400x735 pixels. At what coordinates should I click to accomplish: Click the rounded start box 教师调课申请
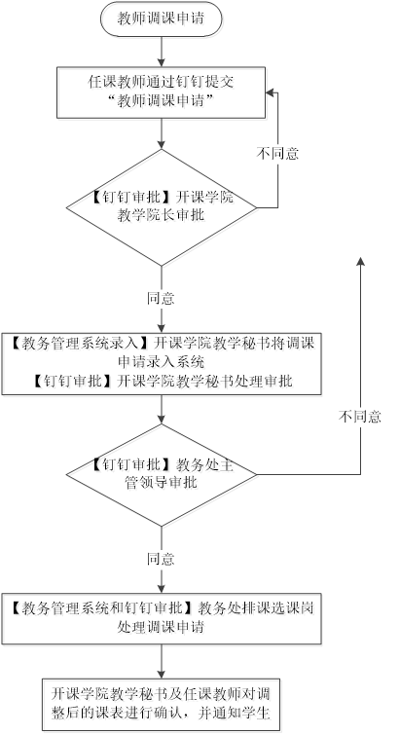162,18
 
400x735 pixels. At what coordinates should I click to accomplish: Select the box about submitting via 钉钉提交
162,92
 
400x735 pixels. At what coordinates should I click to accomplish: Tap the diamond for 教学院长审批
162,207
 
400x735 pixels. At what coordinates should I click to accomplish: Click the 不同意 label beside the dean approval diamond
277,154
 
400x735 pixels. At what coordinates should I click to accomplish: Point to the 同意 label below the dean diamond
162,298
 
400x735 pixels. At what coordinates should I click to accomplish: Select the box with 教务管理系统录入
162,363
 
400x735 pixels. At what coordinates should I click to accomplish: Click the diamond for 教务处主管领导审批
162,475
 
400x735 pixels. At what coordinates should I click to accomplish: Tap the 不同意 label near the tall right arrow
360,417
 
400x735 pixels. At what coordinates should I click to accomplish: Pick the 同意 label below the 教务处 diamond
162,559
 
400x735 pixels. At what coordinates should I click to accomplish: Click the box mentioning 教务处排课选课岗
162,618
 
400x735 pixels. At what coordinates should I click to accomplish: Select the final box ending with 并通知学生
162,704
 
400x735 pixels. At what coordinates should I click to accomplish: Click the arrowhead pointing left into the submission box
271,92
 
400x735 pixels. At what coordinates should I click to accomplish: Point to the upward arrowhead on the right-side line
360,262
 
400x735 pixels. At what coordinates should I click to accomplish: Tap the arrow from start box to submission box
162,51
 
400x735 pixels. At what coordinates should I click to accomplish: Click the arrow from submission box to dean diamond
162,133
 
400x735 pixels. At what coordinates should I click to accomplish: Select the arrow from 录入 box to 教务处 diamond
162,409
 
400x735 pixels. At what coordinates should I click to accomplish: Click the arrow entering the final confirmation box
162,661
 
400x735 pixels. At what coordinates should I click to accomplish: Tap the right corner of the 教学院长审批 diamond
257,207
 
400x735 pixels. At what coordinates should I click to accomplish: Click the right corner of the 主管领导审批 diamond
257,475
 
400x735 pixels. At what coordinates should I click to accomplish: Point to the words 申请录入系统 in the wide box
162,362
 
